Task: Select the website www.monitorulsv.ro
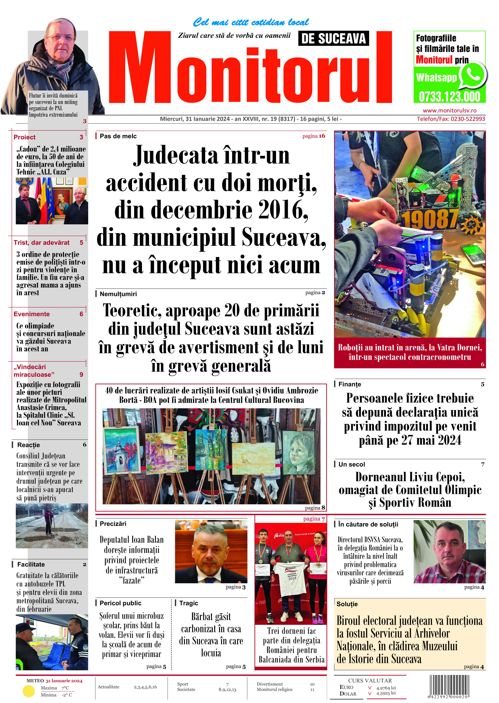(450, 111)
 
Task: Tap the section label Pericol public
(121, 603)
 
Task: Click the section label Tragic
(189, 603)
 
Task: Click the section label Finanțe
(350, 384)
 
